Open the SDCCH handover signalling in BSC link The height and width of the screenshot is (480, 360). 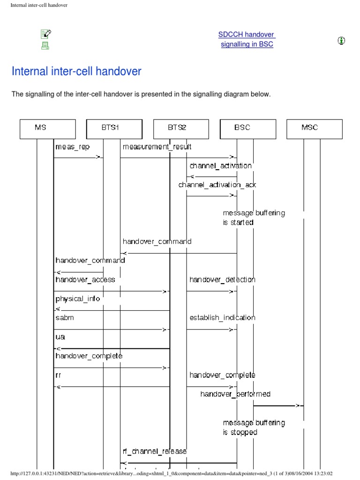[247, 39]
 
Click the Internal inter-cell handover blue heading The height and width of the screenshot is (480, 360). [76, 71]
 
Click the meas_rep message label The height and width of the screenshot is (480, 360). [72, 147]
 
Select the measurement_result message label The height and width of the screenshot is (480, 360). [157, 147]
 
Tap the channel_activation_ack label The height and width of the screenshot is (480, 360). [217, 185]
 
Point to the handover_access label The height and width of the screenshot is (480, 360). [85, 279]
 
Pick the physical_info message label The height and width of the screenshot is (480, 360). [78, 299]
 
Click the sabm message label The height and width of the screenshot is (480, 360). [65, 317]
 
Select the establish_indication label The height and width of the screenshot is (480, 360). [222, 317]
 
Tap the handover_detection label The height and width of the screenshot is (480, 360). [222, 279]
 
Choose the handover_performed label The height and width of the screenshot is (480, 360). [235, 394]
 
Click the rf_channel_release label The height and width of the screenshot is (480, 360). [155, 451]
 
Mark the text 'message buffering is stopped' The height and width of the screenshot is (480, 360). [254, 427]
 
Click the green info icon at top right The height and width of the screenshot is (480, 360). [342, 41]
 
